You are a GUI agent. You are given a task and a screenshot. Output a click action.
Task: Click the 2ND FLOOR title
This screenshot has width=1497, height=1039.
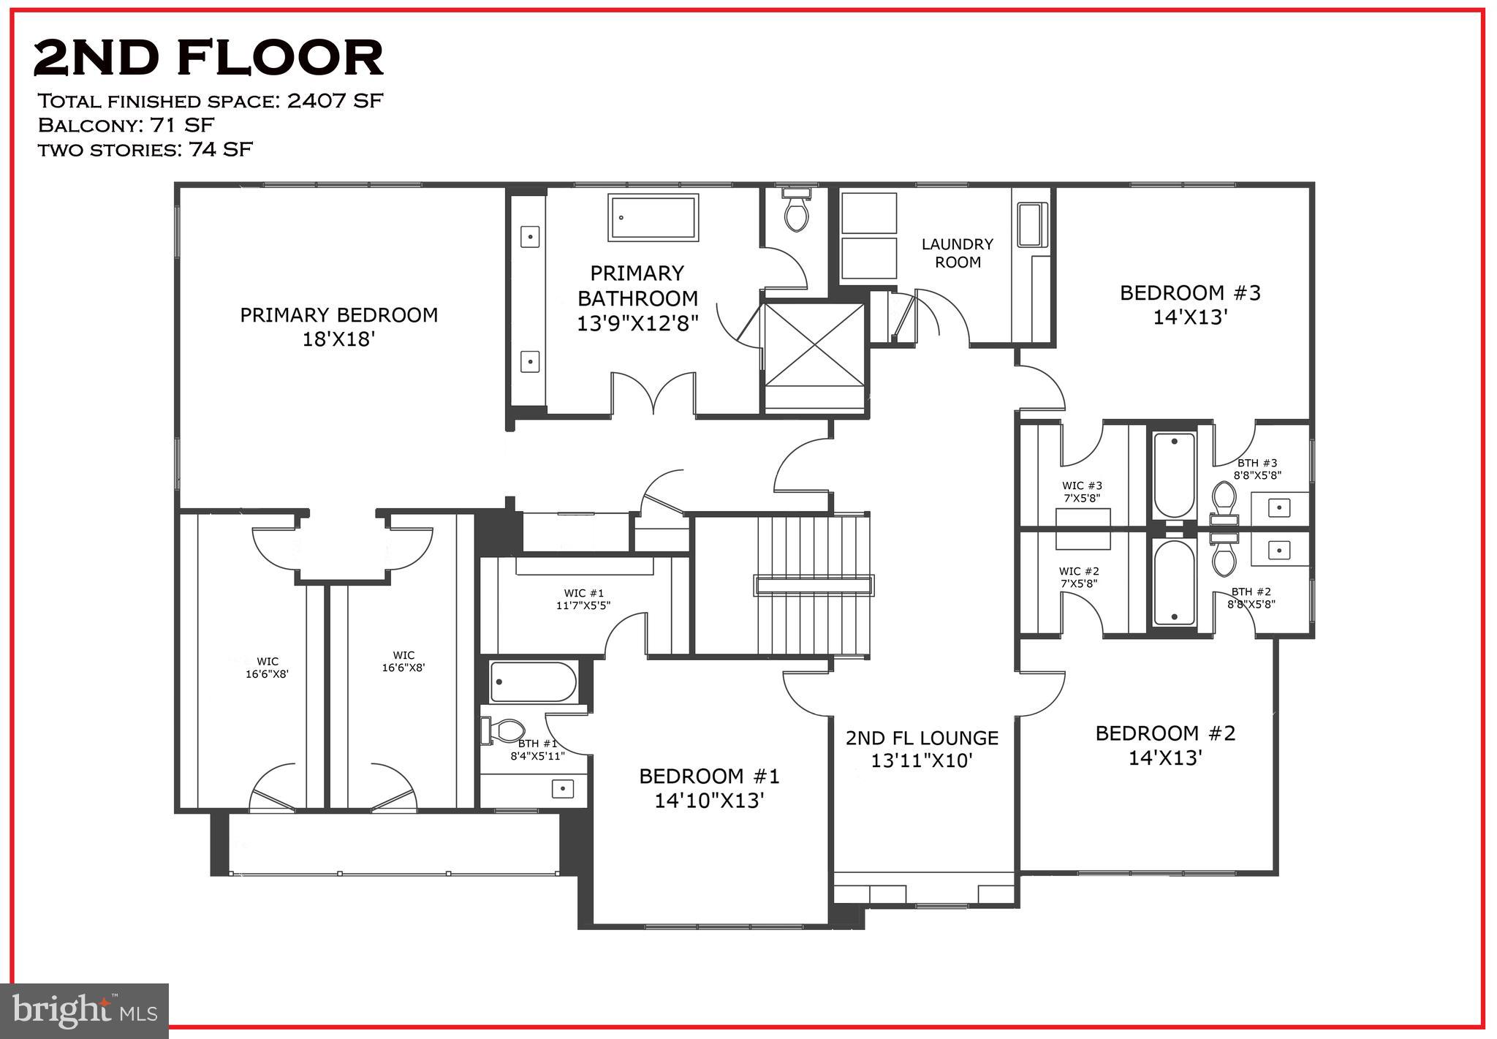208,58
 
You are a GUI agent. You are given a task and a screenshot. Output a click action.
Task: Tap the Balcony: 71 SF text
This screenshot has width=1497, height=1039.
126,125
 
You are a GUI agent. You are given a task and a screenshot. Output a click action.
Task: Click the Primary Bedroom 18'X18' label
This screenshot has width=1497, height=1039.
338,327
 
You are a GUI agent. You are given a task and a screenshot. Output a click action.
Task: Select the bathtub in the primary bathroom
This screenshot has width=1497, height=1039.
653,217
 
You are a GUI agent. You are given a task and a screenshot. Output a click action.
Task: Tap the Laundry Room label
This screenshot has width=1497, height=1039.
957,253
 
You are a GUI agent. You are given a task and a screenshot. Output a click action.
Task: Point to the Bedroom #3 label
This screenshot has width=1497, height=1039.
1190,304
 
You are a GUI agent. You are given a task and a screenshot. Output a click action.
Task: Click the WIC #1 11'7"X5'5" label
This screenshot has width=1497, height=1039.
583,599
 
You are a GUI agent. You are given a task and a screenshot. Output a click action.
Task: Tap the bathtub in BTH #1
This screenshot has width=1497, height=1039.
533,681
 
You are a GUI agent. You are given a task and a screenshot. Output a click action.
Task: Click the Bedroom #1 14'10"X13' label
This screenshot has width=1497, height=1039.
709,787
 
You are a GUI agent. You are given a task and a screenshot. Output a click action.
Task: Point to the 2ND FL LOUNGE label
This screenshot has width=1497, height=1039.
922,749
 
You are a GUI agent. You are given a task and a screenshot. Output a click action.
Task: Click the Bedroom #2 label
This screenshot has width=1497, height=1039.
1165,744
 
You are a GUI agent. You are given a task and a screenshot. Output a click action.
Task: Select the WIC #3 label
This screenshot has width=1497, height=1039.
1082,491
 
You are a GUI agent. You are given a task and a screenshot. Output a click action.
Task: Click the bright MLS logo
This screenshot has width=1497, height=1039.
85,1010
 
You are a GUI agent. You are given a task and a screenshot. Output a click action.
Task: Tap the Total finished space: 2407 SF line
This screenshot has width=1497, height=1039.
210,100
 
